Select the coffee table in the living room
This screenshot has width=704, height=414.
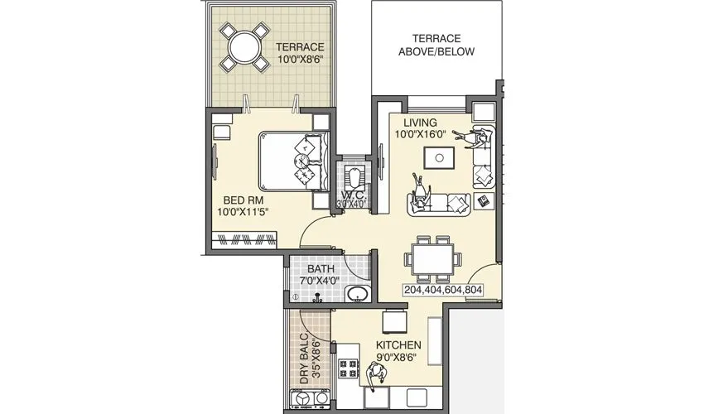point(438,157)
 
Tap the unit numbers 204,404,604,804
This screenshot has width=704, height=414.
point(443,291)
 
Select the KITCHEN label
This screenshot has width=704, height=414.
point(399,351)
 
